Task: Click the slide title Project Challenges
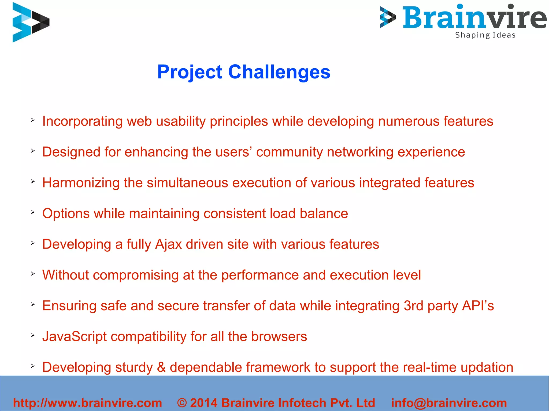(243, 72)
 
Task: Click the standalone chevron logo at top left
(30, 22)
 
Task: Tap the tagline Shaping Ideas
(485, 35)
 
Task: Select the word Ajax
(168, 244)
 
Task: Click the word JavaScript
(74, 337)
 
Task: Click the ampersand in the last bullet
(161, 367)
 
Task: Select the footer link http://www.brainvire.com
(87, 403)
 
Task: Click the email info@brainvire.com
(449, 403)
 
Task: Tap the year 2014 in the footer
(203, 403)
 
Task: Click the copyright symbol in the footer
(182, 403)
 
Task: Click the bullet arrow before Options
(33, 212)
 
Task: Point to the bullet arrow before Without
(33, 274)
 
